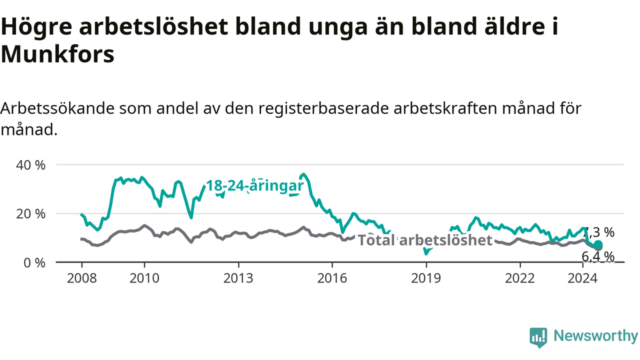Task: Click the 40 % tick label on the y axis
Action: pos(30,165)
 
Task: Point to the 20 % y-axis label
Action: pos(30,214)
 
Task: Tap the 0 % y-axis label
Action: pos(34,263)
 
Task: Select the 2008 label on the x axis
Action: pos(81,278)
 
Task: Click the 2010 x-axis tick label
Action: pos(144,278)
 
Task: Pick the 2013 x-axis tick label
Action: pos(238,278)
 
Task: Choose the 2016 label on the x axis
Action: pos(332,278)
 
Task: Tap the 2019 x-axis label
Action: pos(426,278)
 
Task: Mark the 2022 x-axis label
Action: pos(520,278)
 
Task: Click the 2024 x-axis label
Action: pos(582,278)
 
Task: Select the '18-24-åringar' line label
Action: pos(254,186)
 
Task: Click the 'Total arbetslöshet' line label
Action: pos(425,240)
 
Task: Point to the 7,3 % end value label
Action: pos(599,232)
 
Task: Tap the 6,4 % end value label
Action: pos(598,256)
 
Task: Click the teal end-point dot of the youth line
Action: pos(598,245)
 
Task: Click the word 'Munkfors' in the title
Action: pos(57,54)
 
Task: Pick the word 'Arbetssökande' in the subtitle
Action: pos(57,108)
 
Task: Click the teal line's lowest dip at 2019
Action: pos(426,253)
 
